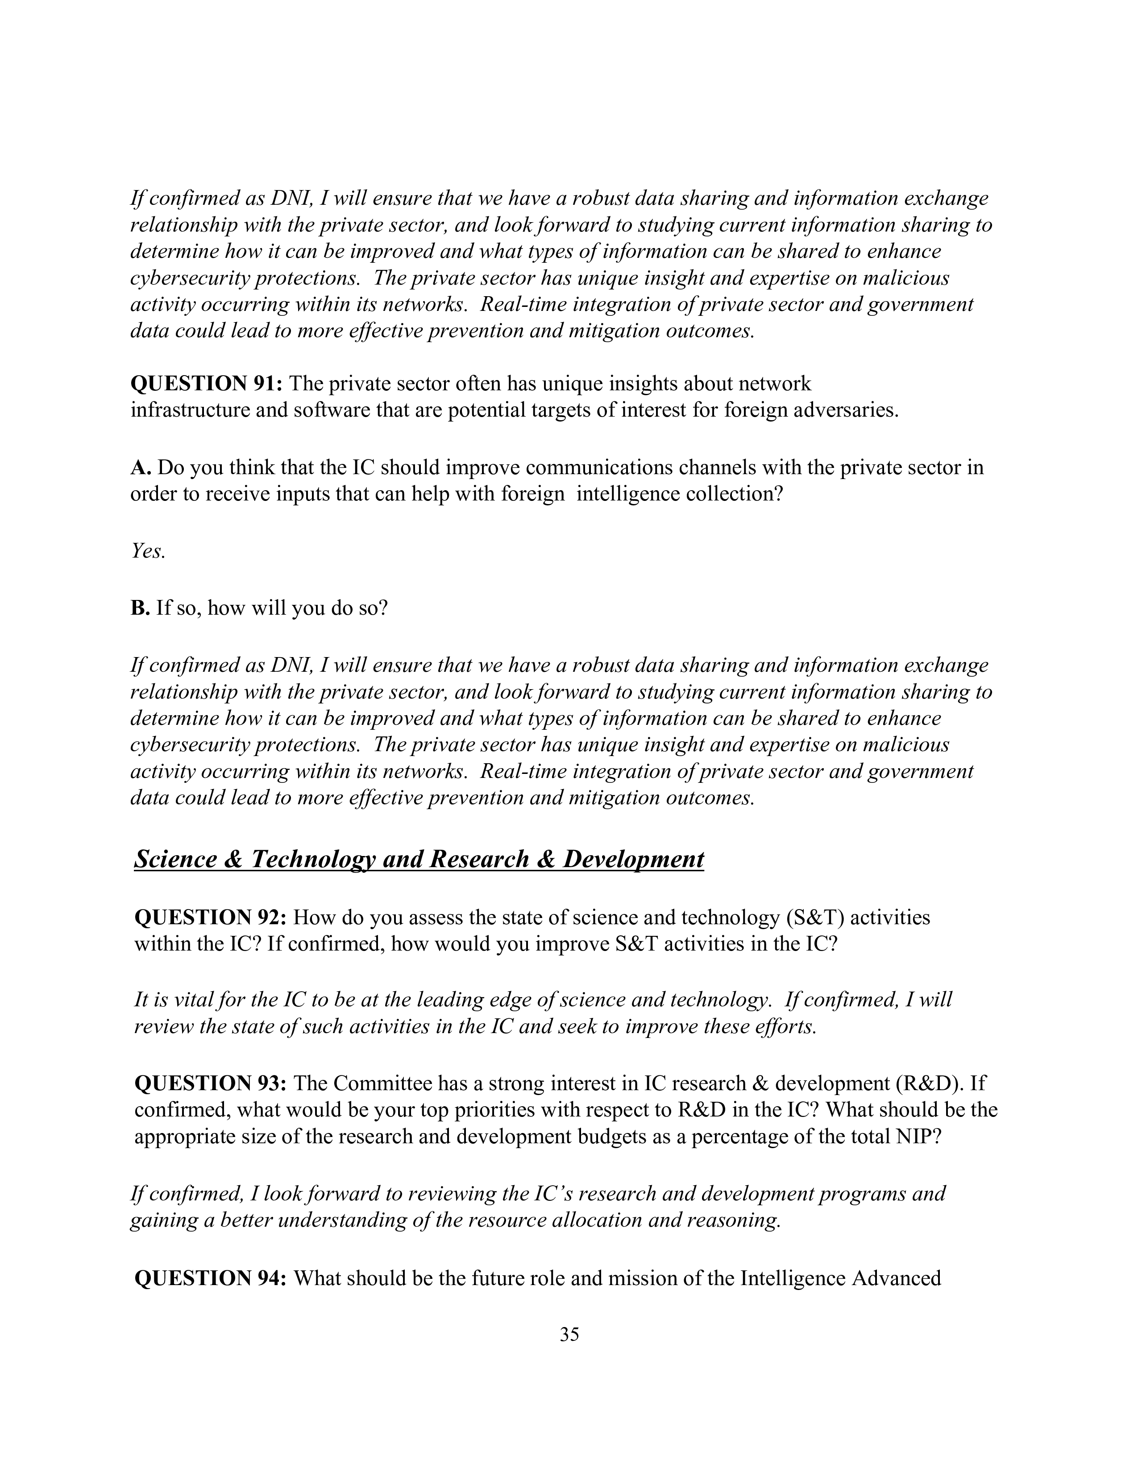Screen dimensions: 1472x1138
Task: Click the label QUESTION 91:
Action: (x=208, y=384)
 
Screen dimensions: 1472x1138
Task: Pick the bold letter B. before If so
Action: (x=140, y=608)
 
